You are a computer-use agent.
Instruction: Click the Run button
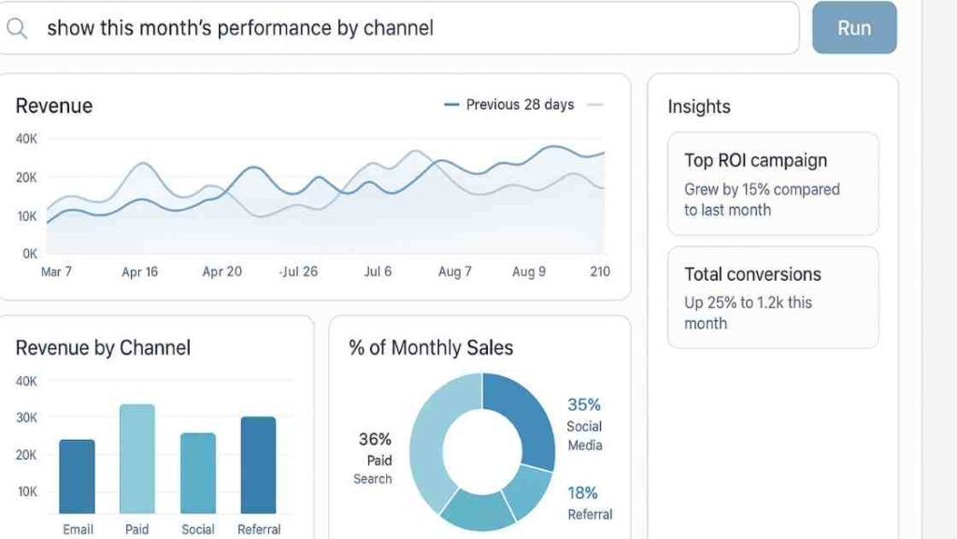(x=853, y=28)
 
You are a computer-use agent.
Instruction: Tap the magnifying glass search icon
(x=17, y=28)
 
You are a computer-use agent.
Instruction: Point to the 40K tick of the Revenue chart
(x=26, y=138)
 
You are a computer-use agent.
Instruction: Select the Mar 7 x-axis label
(x=56, y=271)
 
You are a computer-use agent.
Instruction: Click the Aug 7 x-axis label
(x=455, y=271)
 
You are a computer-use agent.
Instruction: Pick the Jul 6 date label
(x=378, y=271)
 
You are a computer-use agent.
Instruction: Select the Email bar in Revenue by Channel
(x=77, y=476)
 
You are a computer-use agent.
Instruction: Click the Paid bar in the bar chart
(x=137, y=459)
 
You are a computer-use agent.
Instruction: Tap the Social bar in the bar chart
(x=198, y=473)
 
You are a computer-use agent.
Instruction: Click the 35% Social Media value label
(x=584, y=405)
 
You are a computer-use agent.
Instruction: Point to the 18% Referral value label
(x=583, y=493)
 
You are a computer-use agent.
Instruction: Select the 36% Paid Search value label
(x=375, y=439)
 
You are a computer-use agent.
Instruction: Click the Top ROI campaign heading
(x=755, y=160)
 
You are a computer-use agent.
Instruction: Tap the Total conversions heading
(x=752, y=274)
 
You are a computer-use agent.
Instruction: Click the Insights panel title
(x=699, y=107)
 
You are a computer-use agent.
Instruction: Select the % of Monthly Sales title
(x=431, y=348)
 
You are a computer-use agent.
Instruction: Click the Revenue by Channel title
(x=103, y=348)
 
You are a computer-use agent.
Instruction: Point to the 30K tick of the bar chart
(x=26, y=417)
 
